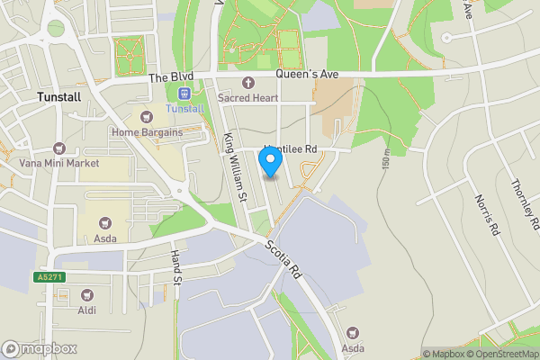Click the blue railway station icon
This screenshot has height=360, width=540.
click(184, 93)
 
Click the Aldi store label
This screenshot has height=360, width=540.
click(87, 310)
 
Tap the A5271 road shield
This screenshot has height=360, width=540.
click(50, 276)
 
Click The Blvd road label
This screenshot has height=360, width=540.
click(170, 78)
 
